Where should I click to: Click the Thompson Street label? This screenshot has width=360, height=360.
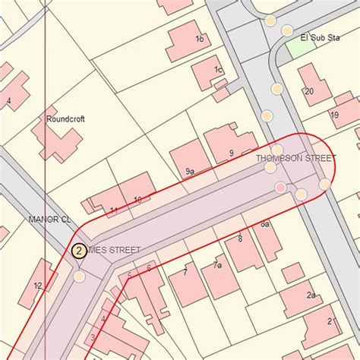295,159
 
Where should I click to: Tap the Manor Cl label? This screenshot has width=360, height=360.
49,219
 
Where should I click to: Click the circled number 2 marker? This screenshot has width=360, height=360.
78,250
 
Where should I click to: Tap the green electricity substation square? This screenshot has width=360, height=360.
302,47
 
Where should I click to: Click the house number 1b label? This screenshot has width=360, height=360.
199,39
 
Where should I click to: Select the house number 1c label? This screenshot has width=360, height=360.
218,70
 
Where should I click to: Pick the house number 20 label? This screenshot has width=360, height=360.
308,91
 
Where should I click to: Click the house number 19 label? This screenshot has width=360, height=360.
334,115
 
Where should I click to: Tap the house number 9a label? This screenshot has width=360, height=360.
190,172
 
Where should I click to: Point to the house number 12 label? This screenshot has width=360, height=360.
37,286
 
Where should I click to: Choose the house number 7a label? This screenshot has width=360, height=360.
217,265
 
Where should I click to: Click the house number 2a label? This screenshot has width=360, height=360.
311,295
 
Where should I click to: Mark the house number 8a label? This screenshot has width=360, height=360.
265,225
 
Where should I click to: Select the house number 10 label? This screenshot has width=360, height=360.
137,200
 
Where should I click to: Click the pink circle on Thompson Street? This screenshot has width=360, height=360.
281,188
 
